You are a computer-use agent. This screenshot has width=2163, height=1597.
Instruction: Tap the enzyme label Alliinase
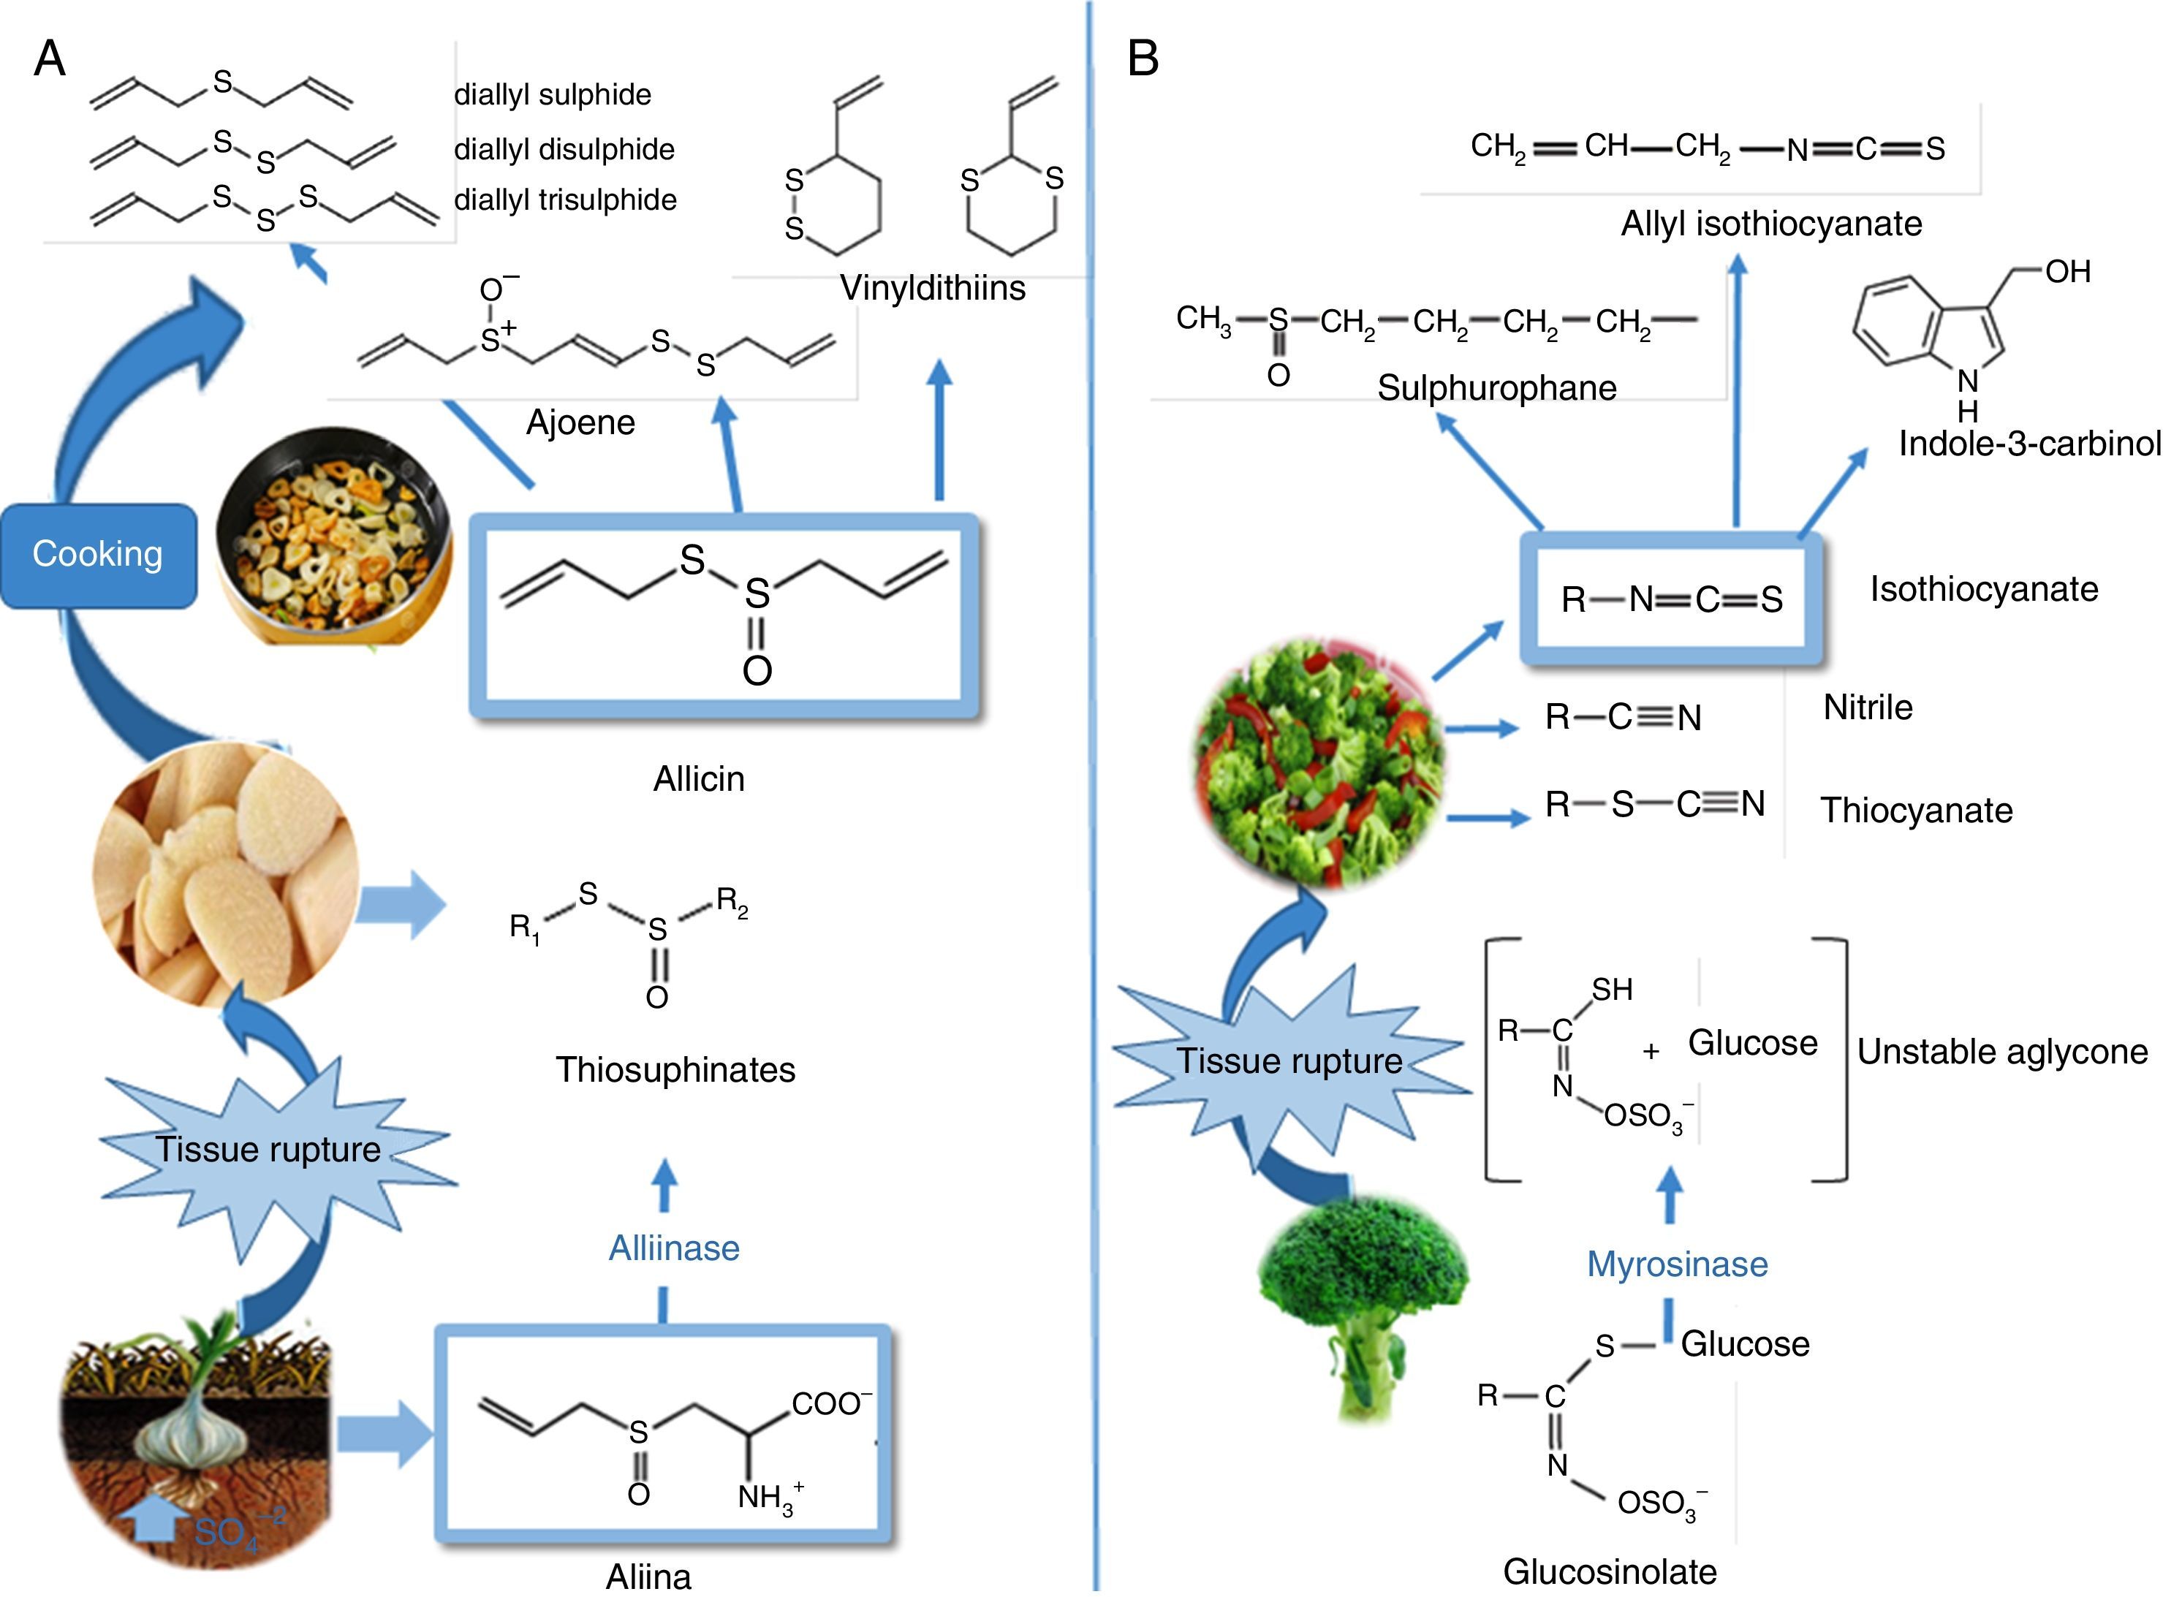[x=674, y=1248]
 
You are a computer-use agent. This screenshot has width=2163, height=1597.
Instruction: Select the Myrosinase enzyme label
[x=1677, y=1264]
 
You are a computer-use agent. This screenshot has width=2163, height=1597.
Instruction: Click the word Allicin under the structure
[x=699, y=779]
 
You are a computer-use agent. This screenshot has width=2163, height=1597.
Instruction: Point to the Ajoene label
[x=580, y=422]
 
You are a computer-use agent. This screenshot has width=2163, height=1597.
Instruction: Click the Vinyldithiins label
[x=932, y=287]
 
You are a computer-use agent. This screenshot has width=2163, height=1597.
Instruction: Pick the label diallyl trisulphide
[x=566, y=200]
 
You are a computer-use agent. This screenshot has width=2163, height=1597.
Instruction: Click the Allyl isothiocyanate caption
[x=1771, y=224]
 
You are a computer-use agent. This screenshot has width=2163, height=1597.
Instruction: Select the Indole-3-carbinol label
[x=2029, y=444]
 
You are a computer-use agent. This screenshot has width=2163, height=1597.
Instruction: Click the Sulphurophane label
[x=1497, y=387]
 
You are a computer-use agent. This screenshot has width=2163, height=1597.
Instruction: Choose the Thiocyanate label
[x=1917, y=810]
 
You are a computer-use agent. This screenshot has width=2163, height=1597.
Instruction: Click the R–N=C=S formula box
[x=1671, y=599]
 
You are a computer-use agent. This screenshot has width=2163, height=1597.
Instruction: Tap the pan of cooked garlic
[x=333, y=534]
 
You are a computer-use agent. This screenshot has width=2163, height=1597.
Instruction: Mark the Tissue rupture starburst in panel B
[x=1290, y=1061]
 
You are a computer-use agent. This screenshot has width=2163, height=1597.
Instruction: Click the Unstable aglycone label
[x=2002, y=1052]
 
